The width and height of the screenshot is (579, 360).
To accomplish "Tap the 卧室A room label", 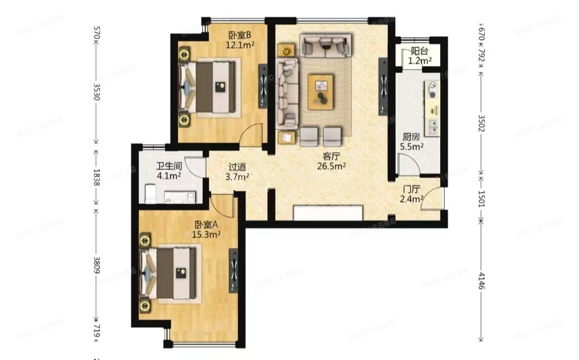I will coord(206,225).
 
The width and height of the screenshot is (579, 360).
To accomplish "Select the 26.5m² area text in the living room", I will coord(333,166).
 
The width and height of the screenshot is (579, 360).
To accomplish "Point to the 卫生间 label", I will coord(168,166).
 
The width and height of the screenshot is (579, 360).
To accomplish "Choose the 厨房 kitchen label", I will coord(411,136).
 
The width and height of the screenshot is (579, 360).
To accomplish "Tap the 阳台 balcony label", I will coord(419,52).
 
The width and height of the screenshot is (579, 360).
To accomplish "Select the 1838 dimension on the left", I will coord(96,177).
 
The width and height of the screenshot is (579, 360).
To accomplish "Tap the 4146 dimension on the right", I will coord(481,280).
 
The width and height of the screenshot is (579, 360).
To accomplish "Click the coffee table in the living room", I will coord(321,92).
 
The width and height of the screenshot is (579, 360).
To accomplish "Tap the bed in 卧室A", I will coord(170,274).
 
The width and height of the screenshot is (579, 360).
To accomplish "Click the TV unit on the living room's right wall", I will coord(383,86).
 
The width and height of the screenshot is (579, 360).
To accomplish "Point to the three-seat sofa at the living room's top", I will coord(325,46).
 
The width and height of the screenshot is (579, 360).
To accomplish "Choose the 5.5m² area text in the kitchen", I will coord(412,146).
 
